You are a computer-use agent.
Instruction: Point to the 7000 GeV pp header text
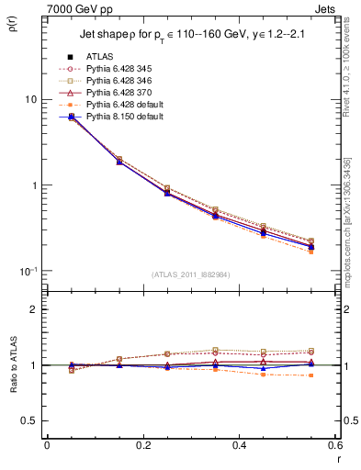pos(80,8)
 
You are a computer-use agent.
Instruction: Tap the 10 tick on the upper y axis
pos(31,99)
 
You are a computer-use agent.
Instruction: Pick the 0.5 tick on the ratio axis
pos(29,421)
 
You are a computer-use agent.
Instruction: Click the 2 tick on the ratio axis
pos(34,309)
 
